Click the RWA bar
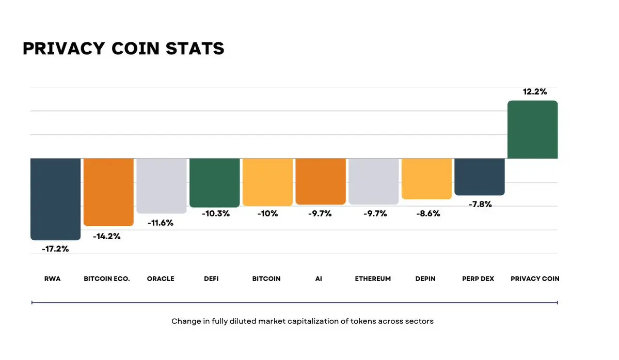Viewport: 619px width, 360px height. pyautogui.click(x=55, y=199)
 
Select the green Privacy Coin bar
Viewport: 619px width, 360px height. pyautogui.click(x=532, y=130)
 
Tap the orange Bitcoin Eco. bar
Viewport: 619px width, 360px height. pyautogui.click(x=108, y=192)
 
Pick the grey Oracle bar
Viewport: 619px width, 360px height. pyautogui.click(x=161, y=185)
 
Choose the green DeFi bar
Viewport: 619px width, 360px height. pyautogui.click(x=214, y=182)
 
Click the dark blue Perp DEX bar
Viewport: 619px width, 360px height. pyautogui.click(x=479, y=177)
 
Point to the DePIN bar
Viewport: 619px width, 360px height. pyautogui.click(x=426, y=178)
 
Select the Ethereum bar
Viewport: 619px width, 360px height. pyautogui.click(x=373, y=181)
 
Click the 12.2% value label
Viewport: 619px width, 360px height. pyautogui.click(x=535, y=92)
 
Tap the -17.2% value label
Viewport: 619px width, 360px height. pyautogui.click(x=55, y=249)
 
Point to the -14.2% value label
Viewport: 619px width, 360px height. pyautogui.click(x=107, y=237)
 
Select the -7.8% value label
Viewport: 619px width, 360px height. pyautogui.click(x=480, y=205)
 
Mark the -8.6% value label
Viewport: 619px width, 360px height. pyautogui.click(x=428, y=213)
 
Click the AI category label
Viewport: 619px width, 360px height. pyautogui.click(x=319, y=279)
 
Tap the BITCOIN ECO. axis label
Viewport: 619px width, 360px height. pyautogui.click(x=107, y=279)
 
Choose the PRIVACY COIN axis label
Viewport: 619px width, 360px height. pyautogui.click(x=535, y=279)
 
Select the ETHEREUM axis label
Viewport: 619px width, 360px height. pyautogui.click(x=373, y=279)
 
